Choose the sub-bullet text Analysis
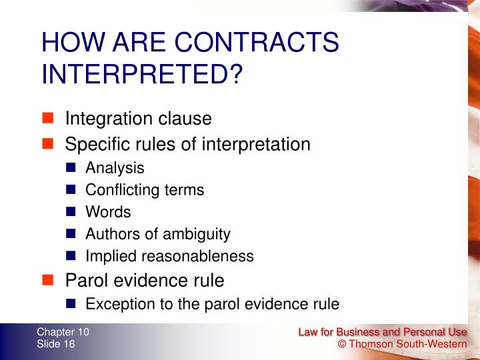(115, 169)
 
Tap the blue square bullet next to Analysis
(72, 168)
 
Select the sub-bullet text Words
(108, 212)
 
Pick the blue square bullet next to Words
(72, 212)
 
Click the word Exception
(117, 304)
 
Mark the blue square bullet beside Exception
(72, 304)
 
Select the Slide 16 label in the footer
(56, 344)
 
